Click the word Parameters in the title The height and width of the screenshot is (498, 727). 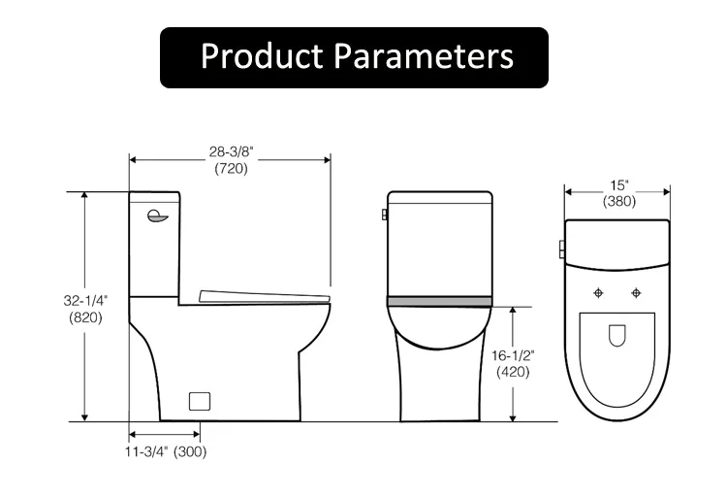(423, 56)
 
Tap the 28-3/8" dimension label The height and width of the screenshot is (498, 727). (231, 151)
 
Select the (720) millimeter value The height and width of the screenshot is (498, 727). (231, 168)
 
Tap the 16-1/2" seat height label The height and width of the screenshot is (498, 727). (514, 354)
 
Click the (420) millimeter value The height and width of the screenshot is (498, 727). (514, 371)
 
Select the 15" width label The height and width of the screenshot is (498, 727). (618, 185)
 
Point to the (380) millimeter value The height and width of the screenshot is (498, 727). (618, 202)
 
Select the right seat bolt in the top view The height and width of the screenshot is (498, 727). (637, 292)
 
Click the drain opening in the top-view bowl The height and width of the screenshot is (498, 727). (617, 336)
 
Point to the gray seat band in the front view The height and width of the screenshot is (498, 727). (439, 301)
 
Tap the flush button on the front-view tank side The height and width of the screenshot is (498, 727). (385, 213)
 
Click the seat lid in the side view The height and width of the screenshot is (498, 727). (264, 295)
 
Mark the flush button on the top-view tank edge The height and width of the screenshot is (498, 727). (561, 249)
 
